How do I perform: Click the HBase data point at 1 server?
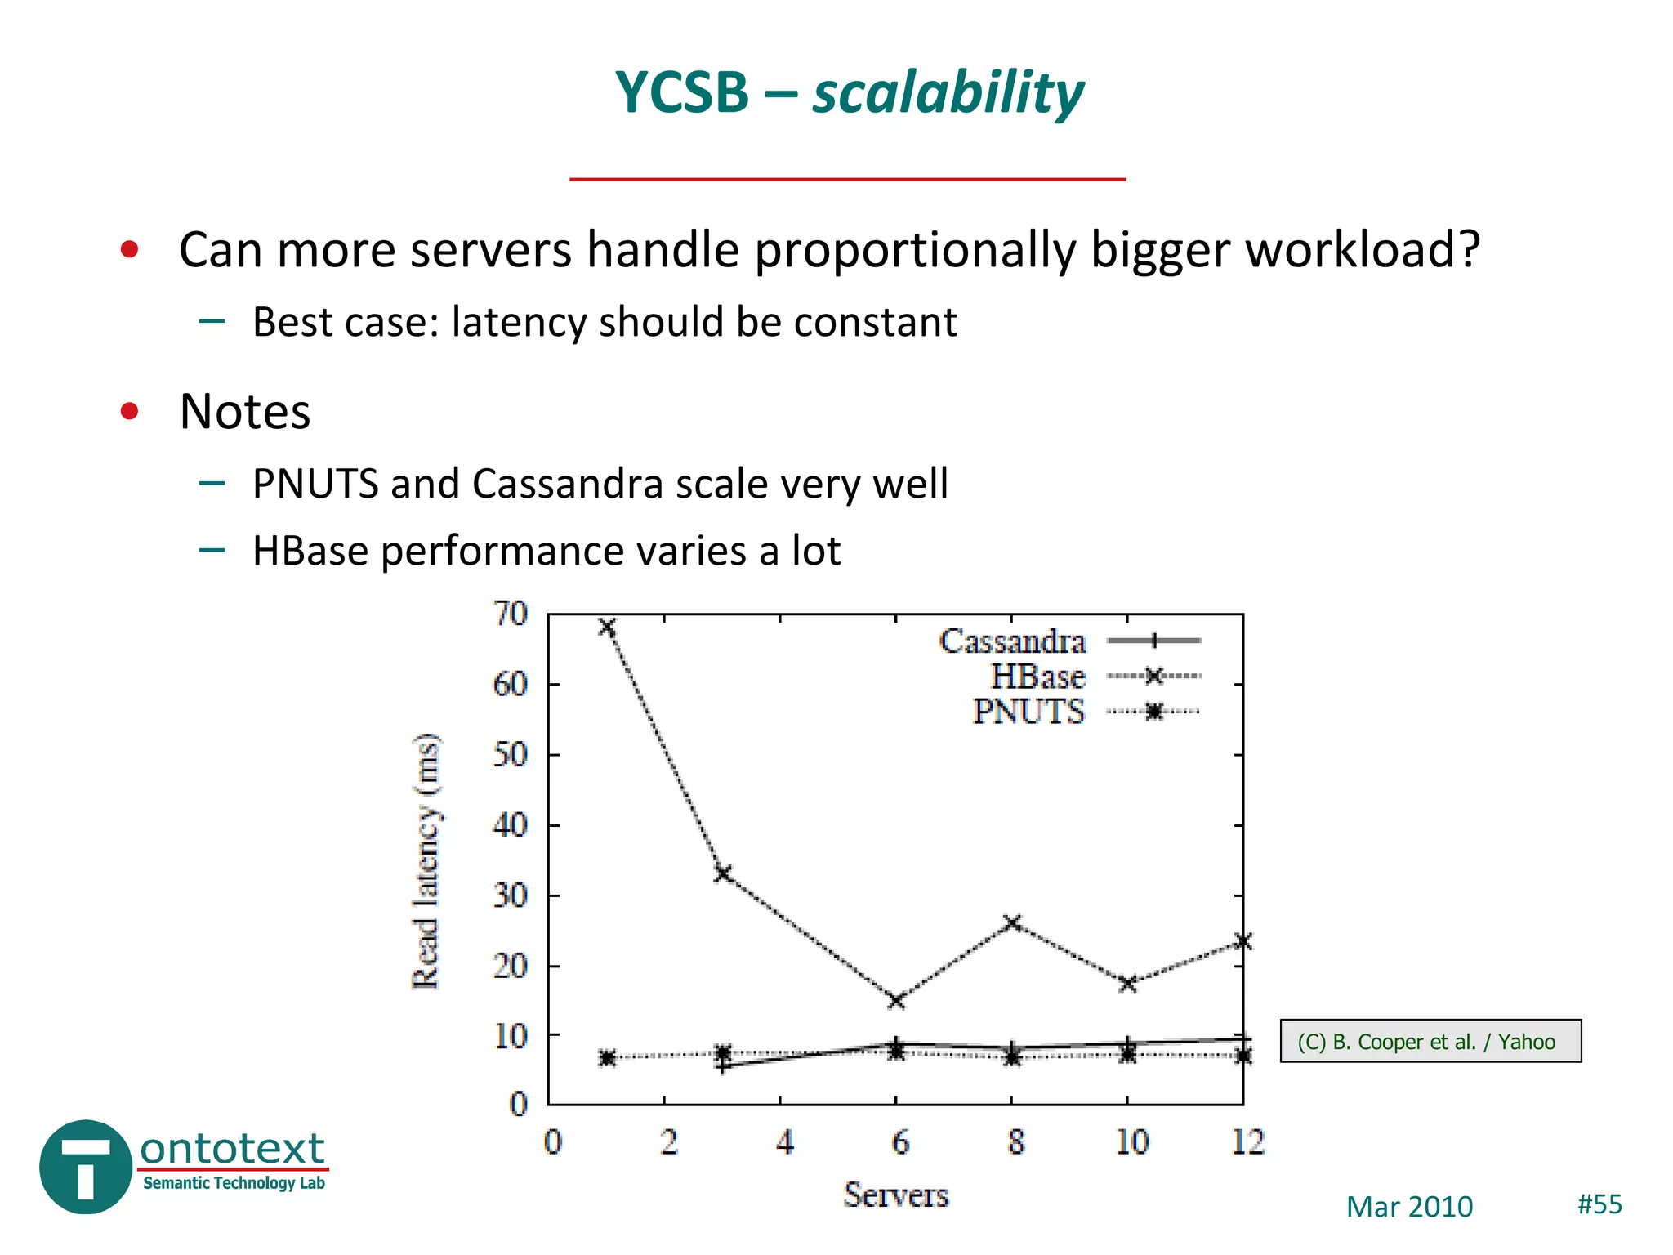coord(607,627)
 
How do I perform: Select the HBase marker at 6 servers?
coord(896,1000)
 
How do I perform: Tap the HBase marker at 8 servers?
coord(1012,923)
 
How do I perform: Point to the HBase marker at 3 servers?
coord(722,873)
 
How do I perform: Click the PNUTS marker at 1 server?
coord(607,1058)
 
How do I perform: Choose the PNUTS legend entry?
coord(1028,712)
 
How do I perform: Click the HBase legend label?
coord(1037,677)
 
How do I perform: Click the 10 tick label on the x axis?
coord(1131,1142)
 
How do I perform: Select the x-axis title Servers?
coord(895,1195)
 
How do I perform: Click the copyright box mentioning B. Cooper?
coord(1430,1041)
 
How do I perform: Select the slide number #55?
coord(1599,1204)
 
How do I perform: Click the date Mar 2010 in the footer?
coord(1409,1207)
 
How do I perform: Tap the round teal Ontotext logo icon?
coord(86,1167)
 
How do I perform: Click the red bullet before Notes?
coord(129,410)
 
